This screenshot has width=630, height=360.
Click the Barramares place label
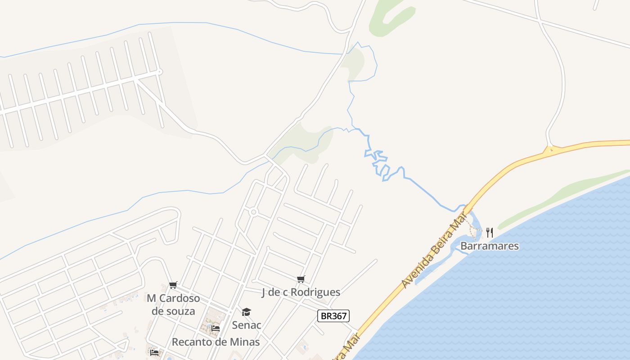point(489,246)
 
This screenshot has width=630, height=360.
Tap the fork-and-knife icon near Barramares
point(490,233)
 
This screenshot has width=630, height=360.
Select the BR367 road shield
point(333,316)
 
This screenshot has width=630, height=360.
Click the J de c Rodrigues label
point(301,292)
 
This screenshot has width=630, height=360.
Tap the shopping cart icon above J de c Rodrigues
point(301,279)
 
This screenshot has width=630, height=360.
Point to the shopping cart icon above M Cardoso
point(173,285)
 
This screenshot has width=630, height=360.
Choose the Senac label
point(247,325)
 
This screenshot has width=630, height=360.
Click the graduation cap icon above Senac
point(246,312)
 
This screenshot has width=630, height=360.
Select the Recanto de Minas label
point(216,342)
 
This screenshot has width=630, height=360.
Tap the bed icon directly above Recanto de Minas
point(216,328)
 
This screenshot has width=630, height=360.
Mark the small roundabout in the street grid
point(253,212)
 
